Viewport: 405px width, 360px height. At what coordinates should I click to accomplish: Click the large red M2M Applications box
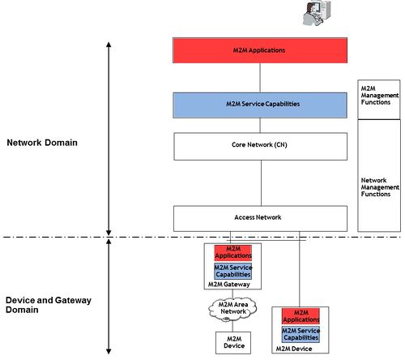[260, 50]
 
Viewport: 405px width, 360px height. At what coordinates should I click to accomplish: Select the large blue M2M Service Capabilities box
[260, 105]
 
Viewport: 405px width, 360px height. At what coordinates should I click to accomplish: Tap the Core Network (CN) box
[260, 146]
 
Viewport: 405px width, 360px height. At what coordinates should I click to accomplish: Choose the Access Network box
[260, 217]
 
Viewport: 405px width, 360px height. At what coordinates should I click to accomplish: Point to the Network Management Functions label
[379, 186]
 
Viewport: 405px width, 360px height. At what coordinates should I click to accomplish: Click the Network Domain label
[42, 143]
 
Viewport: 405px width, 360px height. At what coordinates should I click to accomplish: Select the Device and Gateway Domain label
[49, 305]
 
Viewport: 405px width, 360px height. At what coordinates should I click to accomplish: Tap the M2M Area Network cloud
[232, 309]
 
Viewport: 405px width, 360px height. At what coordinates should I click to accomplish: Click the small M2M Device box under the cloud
[232, 341]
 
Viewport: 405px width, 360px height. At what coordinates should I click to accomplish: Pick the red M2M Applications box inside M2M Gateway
[233, 252]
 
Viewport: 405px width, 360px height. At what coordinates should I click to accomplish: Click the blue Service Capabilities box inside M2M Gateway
[233, 271]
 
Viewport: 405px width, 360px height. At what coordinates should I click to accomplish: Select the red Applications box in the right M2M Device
[301, 315]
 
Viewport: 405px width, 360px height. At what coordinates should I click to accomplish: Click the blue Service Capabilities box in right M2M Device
[301, 334]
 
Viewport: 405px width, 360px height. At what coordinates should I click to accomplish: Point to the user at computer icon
[312, 13]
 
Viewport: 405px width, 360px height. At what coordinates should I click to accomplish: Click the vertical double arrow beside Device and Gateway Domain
[108, 296]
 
